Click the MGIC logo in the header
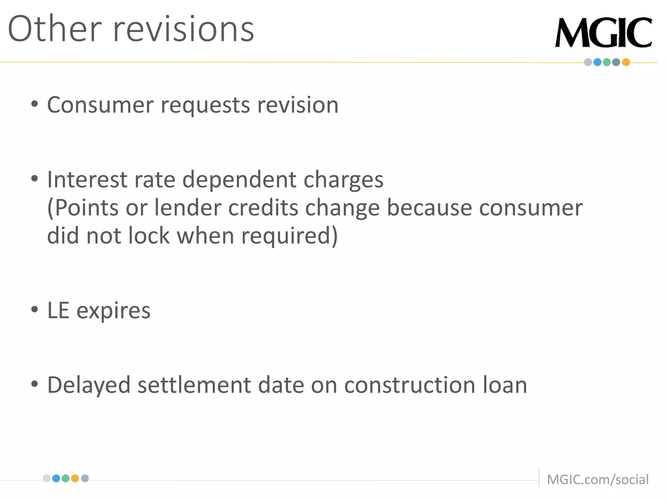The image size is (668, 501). pyautogui.click(x=603, y=33)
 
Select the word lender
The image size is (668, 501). pyautogui.click(x=188, y=208)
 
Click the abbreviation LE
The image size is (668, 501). pyautogui.click(x=58, y=310)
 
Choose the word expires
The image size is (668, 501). pyautogui.click(x=114, y=311)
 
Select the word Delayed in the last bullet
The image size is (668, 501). pyautogui.click(x=89, y=385)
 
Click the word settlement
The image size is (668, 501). pyautogui.click(x=194, y=385)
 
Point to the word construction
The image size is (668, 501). pyautogui.click(x=410, y=385)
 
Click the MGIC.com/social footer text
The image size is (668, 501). pyautogui.click(x=598, y=479)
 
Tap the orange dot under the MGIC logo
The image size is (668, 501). pyautogui.click(x=626, y=62)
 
